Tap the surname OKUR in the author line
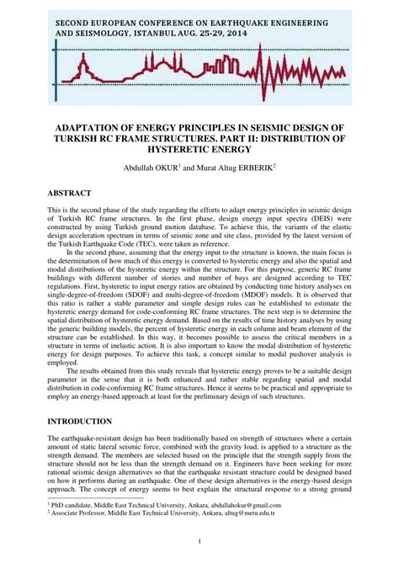point(166,167)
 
